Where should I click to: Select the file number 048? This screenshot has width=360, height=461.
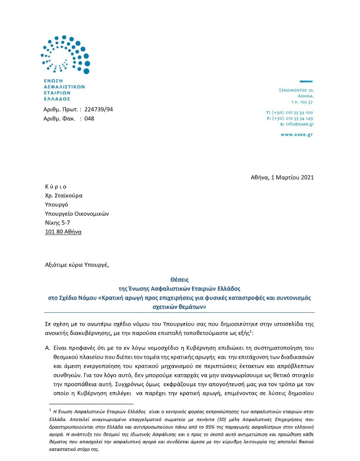[x=89, y=119]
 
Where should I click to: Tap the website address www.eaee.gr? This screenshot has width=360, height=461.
[x=299, y=134]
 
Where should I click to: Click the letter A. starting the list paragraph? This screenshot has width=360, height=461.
[x=48, y=349]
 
